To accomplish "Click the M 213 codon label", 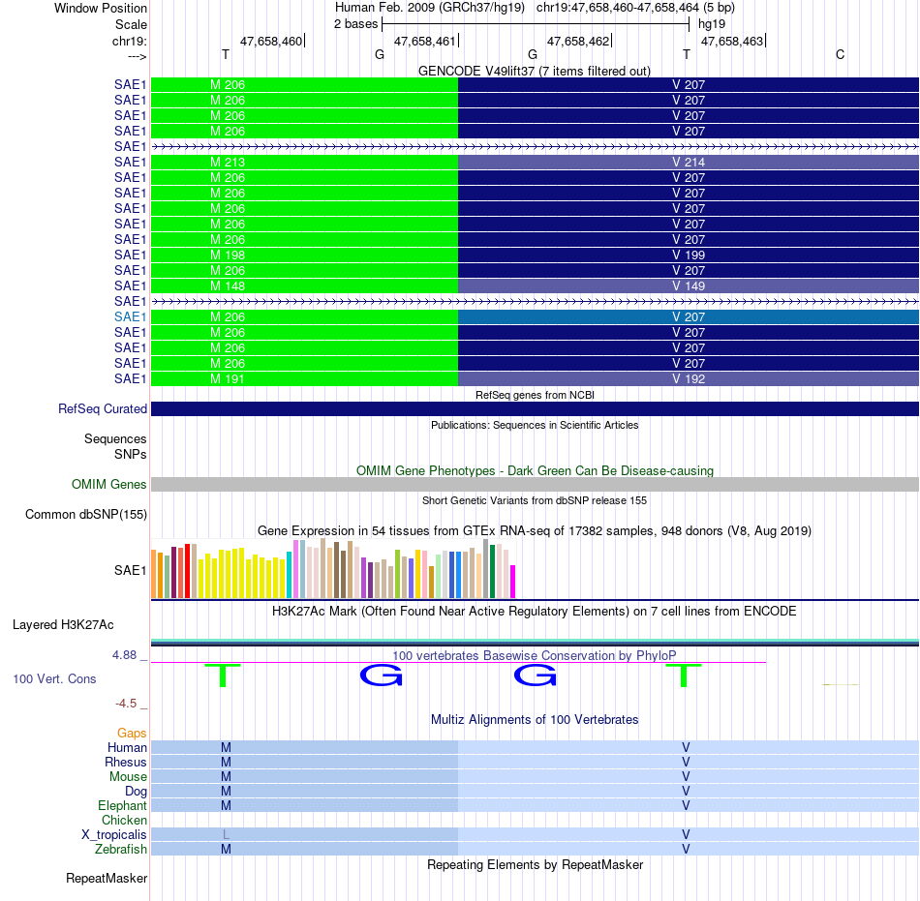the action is pyautogui.click(x=228, y=163).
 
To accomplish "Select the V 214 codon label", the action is pyautogui.click(x=689, y=163).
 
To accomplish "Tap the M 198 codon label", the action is pyautogui.click(x=228, y=255).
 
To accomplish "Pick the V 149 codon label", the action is pyautogui.click(x=689, y=286).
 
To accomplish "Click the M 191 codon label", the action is pyautogui.click(x=228, y=379).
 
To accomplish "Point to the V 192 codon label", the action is pyautogui.click(x=689, y=379).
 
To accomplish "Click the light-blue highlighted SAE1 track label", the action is pyautogui.click(x=131, y=317).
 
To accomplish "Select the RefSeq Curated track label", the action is pyautogui.click(x=103, y=409).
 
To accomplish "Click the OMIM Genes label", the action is pyautogui.click(x=109, y=484).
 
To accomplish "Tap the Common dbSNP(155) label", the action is pyautogui.click(x=86, y=515).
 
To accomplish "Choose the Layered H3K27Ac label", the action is pyautogui.click(x=63, y=625).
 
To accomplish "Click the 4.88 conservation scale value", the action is pyautogui.click(x=124, y=655).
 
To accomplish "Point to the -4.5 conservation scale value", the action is pyautogui.click(x=126, y=704).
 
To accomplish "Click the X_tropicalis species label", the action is pyautogui.click(x=114, y=835).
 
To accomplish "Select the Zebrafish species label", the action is pyautogui.click(x=121, y=850).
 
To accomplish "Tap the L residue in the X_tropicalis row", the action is pyautogui.click(x=226, y=835).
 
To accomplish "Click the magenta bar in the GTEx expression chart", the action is pyautogui.click(x=513, y=582).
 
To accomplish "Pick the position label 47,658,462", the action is pyautogui.click(x=578, y=41).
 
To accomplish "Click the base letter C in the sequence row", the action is pyautogui.click(x=841, y=54).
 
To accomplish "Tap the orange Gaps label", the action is pyautogui.click(x=132, y=734).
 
